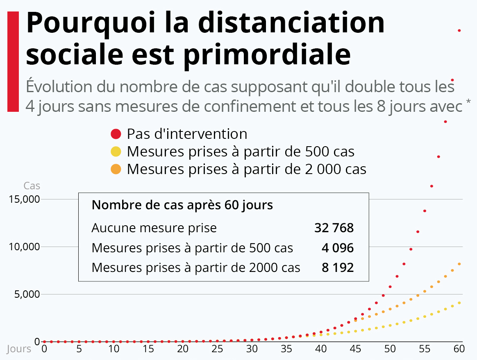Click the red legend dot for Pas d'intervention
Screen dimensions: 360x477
point(116,134)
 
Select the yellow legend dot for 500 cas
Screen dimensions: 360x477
point(116,152)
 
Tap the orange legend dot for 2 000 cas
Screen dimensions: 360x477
point(116,169)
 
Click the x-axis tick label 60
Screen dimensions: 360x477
point(459,349)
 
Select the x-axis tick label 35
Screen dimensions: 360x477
point(286,349)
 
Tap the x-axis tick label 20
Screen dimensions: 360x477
point(183,349)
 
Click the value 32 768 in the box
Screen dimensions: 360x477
point(334,228)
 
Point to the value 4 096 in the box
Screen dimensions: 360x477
point(338,248)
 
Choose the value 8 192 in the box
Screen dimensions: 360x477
point(338,268)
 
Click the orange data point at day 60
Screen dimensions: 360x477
point(459,264)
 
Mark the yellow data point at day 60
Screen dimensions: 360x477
point(459,303)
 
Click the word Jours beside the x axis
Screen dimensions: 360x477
point(19,349)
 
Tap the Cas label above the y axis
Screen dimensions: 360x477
point(32,186)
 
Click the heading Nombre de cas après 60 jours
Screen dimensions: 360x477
point(182,205)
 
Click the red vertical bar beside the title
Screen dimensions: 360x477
point(13,61)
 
